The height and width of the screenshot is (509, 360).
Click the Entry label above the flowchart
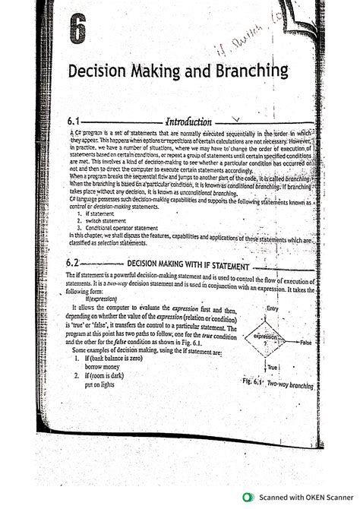(x=268, y=308)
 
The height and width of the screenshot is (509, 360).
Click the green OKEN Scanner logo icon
(x=247, y=497)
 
